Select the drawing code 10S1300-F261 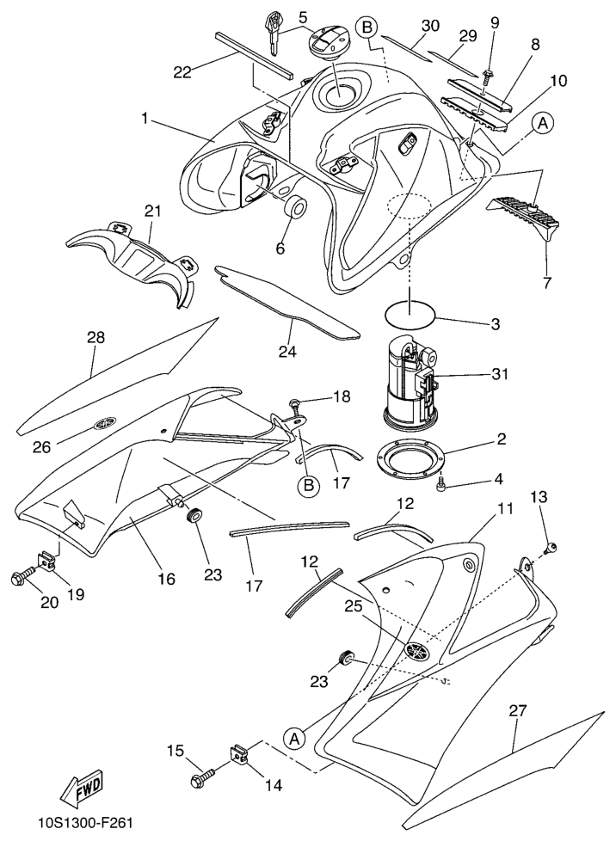[85, 822]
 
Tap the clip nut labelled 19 [46, 561]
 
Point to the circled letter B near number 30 [367, 28]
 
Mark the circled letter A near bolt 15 [294, 738]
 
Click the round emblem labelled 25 [418, 652]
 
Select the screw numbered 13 [550, 547]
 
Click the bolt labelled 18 [294, 405]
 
